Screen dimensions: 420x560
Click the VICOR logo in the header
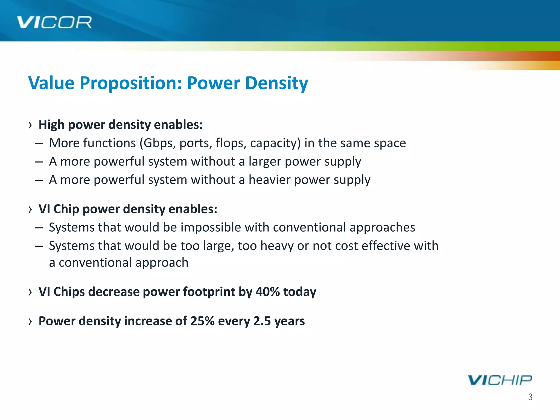tap(54, 22)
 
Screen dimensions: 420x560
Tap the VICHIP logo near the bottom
tap(500, 380)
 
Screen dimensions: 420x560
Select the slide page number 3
tap(530, 397)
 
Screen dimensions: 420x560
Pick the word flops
tap(231, 143)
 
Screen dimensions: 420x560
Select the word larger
tap(264, 162)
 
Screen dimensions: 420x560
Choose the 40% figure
tap(267, 291)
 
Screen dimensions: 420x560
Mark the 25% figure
tap(202, 321)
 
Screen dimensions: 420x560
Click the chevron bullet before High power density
tap(30, 125)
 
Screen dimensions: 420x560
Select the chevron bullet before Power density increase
tap(30, 321)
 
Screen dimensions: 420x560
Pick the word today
tap(300, 291)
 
